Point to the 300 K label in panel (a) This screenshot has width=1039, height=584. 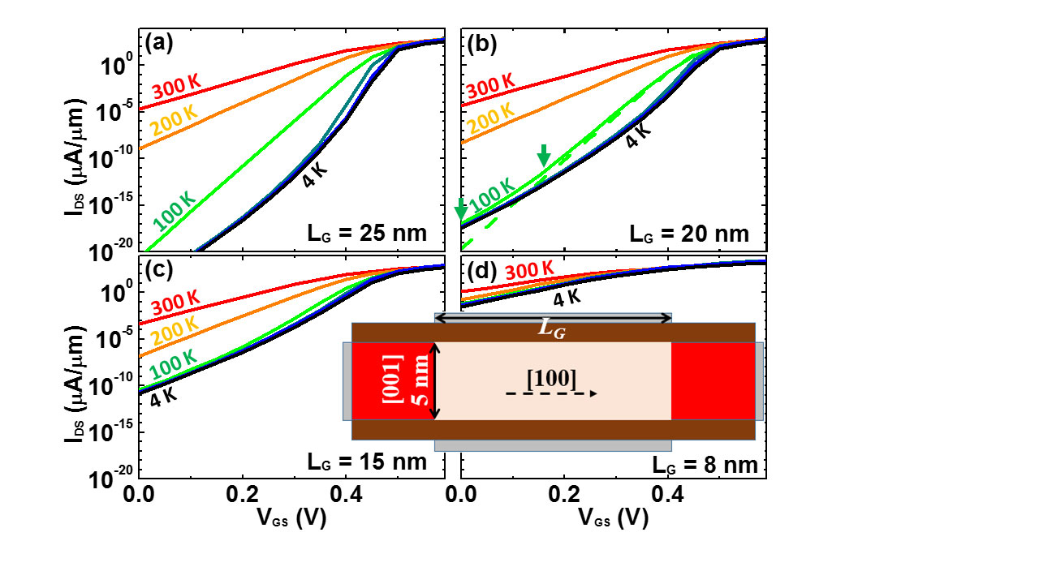tap(175, 87)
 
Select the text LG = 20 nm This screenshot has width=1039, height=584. tap(689, 234)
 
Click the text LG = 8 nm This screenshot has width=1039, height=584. tap(705, 466)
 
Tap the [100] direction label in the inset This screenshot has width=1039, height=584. tap(552, 377)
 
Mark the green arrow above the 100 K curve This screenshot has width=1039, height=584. tap(544, 157)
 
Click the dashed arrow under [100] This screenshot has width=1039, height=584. tap(552, 393)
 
